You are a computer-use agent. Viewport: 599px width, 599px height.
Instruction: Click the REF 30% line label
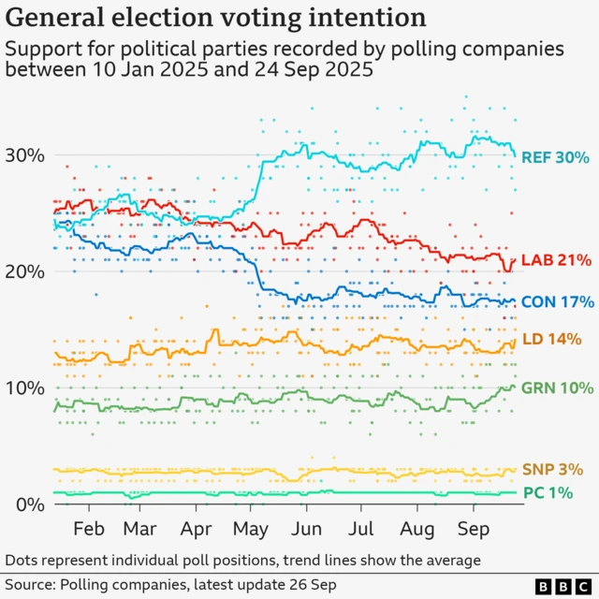coord(557,156)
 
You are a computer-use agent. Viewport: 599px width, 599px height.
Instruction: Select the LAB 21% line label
coord(557,259)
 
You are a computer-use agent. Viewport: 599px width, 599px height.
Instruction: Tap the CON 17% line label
coord(557,301)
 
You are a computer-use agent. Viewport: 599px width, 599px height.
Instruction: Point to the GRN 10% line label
coord(557,387)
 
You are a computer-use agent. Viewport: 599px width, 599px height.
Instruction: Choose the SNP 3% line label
coord(552,469)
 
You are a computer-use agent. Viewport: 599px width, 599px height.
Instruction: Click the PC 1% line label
coord(547,492)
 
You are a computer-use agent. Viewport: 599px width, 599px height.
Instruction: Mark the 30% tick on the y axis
coord(25,155)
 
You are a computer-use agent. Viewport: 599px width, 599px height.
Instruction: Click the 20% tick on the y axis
coord(25,271)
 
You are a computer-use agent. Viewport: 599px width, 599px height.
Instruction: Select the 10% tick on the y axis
coord(25,388)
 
